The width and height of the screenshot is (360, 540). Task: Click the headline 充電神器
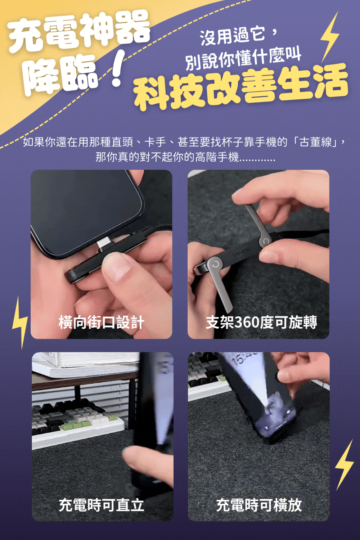tap(78, 31)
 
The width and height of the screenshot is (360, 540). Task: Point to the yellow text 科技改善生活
tap(240, 86)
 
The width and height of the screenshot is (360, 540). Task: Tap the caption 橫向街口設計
tap(101, 322)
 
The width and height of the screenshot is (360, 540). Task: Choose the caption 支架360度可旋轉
tap(261, 322)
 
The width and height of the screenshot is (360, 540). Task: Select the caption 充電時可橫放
tap(258, 505)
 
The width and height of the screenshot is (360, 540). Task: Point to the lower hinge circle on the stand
tap(215, 264)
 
